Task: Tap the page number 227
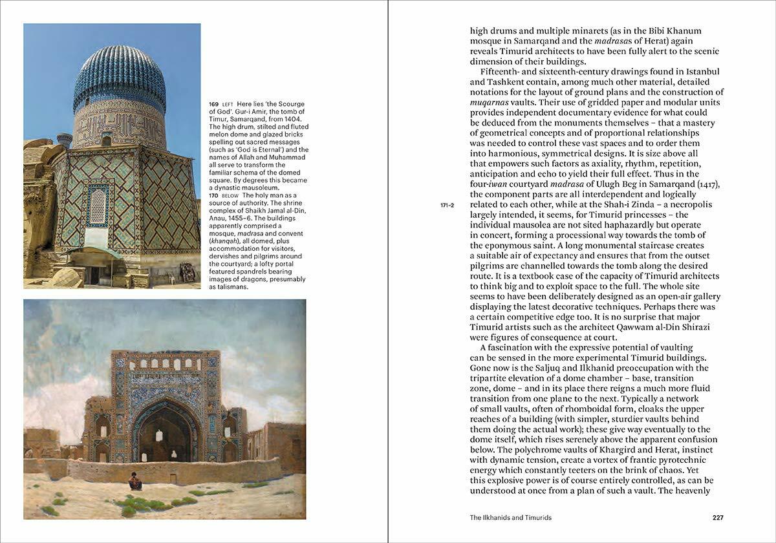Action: coord(717,518)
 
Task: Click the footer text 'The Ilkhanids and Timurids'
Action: coord(511,518)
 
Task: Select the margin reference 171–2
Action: coord(447,205)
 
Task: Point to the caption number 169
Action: coord(213,104)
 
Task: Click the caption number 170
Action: coord(213,195)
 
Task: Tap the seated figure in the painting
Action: coord(135,481)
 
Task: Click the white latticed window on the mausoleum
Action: coord(97,206)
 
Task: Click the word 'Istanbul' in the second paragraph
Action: coord(696,72)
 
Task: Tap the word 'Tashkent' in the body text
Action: coord(491,82)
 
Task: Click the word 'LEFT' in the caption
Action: coord(228,105)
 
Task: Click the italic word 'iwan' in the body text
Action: coord(499,184)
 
